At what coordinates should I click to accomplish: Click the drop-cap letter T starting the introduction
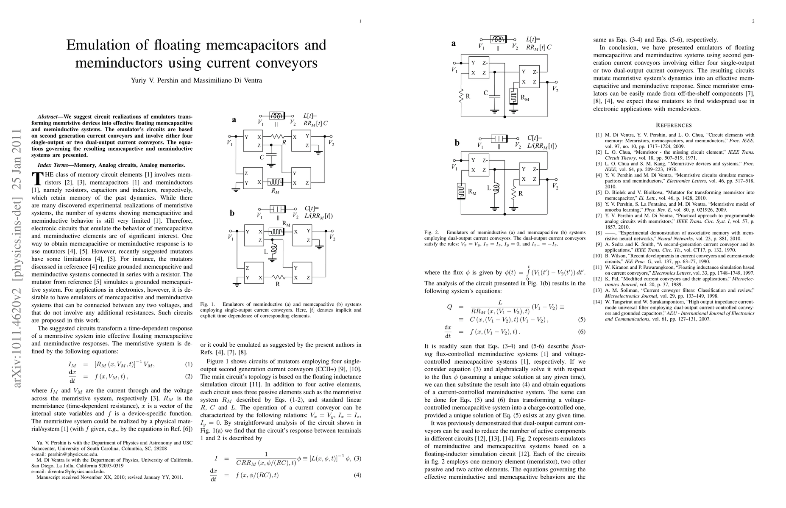pos(37,178)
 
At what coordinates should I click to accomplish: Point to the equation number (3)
pos(357,458)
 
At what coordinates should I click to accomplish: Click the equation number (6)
pos(582,331)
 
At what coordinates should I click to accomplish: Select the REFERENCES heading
pos(674,125)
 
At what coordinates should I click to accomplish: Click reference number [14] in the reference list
pos(599,302)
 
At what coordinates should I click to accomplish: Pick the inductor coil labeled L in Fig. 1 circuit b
pos(273,248)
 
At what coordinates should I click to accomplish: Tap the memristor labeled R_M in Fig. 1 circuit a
pos(276,183)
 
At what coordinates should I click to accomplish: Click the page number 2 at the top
pos(753,21)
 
